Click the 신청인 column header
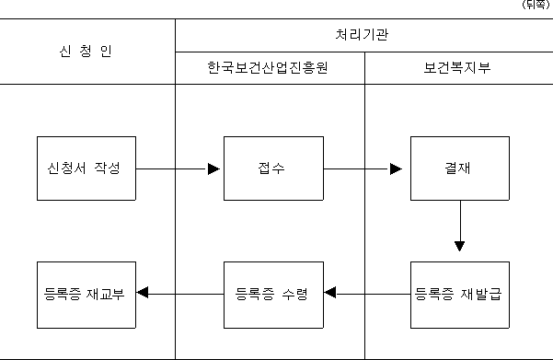point(86,52)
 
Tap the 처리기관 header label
point(362,35)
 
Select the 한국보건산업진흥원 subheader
point(268,67)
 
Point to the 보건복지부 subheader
point(457,67)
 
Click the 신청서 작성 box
point(86,168)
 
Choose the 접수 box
point(273,168)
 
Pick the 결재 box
point(460,168)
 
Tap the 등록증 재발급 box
point(460,295)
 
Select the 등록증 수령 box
point(273,295)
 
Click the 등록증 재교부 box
point(86,295)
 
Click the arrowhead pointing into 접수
point(214,169)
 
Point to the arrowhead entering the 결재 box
point(396,169)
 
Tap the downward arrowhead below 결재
point(459,246)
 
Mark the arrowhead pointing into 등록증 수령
point(329,293)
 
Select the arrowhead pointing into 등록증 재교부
point(143,293)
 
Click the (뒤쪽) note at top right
point(536,5)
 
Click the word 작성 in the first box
point(108,168)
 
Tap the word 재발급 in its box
point(481,294)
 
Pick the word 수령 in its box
point(294,294)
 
